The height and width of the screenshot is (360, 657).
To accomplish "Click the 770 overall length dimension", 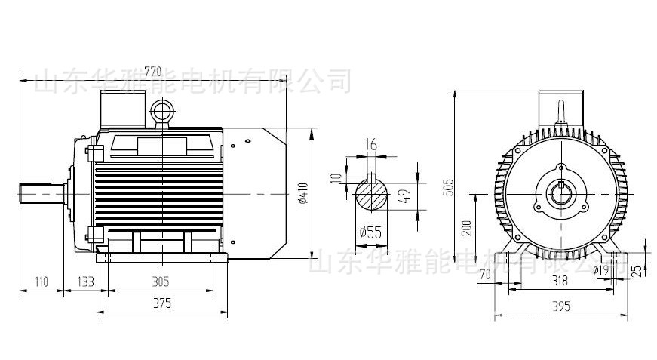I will pos(153,72).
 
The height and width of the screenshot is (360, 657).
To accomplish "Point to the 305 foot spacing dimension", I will pos(160,282).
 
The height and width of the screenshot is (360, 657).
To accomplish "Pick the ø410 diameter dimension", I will pos(303,193).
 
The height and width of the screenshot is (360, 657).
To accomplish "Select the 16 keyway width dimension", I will pos(370,144).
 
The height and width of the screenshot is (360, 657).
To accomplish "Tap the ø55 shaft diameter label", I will pos(370,232).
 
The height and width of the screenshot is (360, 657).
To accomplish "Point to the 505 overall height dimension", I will pos(449,187).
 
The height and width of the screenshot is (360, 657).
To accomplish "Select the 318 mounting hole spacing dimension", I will pos(560,281).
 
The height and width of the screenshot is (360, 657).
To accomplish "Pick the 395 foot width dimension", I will pos(560,306).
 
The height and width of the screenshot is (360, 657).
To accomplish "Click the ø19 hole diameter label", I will pos(601,269).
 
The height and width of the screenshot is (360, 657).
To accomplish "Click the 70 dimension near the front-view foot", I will pos(485,273).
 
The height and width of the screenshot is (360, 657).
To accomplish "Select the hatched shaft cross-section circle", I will pos(371,195).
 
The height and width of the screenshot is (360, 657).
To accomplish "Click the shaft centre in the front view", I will pos(560,194).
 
